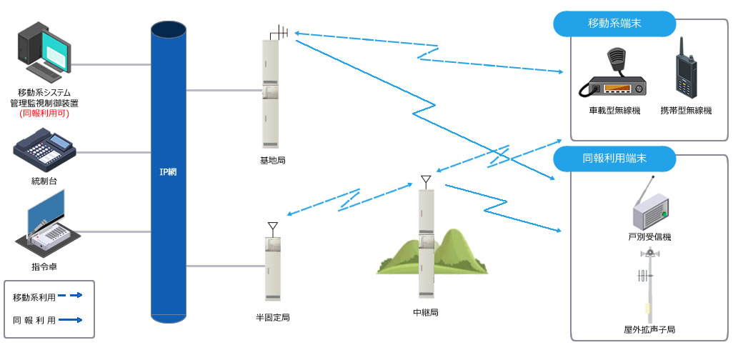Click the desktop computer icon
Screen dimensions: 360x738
(44, 51)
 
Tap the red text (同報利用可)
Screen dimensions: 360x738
(44, 113)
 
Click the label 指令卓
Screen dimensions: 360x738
(44, 266)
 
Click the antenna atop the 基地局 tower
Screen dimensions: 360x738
(279, 33)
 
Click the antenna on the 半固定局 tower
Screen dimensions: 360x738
(272, 228)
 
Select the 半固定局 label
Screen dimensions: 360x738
(272, 317)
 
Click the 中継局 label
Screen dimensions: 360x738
(426, 312)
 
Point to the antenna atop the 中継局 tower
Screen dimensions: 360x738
(426, 180)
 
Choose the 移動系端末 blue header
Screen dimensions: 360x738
(614, 24)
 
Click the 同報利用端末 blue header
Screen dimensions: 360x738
(614, 159)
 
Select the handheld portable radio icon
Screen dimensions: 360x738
(686, 69)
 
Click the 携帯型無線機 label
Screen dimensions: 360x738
(686, 111)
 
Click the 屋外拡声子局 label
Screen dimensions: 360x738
(649, 330)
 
